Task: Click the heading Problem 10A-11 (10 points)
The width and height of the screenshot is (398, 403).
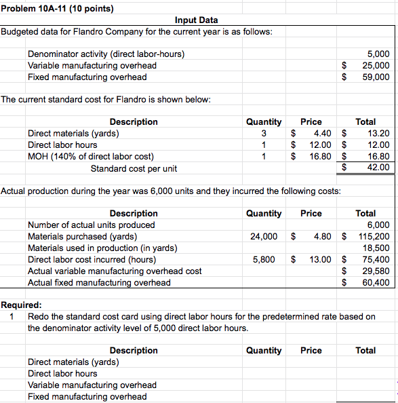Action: pos(57,9)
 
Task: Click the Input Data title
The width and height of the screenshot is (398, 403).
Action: pos(197,20)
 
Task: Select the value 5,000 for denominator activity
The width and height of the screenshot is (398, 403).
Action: pos(378,54)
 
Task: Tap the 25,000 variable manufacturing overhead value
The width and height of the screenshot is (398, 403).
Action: pos(376,65)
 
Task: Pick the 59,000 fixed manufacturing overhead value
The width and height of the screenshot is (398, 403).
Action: pos(376,77)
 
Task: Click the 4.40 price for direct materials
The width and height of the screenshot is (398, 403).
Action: pos(319,133)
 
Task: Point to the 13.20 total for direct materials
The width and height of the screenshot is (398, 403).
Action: pos(378,133)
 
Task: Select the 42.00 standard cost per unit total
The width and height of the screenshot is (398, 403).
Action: pos(378,168)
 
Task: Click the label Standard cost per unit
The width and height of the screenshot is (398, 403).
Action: pos(134,168)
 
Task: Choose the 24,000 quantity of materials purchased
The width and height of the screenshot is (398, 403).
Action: pos(263,237)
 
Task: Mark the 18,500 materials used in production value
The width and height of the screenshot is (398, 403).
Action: pos(376,248)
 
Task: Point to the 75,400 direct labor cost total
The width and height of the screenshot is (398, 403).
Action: pos(376,260)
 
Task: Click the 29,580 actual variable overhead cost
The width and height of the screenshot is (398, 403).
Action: pos(376,271)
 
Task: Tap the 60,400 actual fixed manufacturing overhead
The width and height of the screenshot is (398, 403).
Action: pos(376,283)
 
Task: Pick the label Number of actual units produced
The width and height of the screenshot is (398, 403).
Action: pos(91,225)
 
